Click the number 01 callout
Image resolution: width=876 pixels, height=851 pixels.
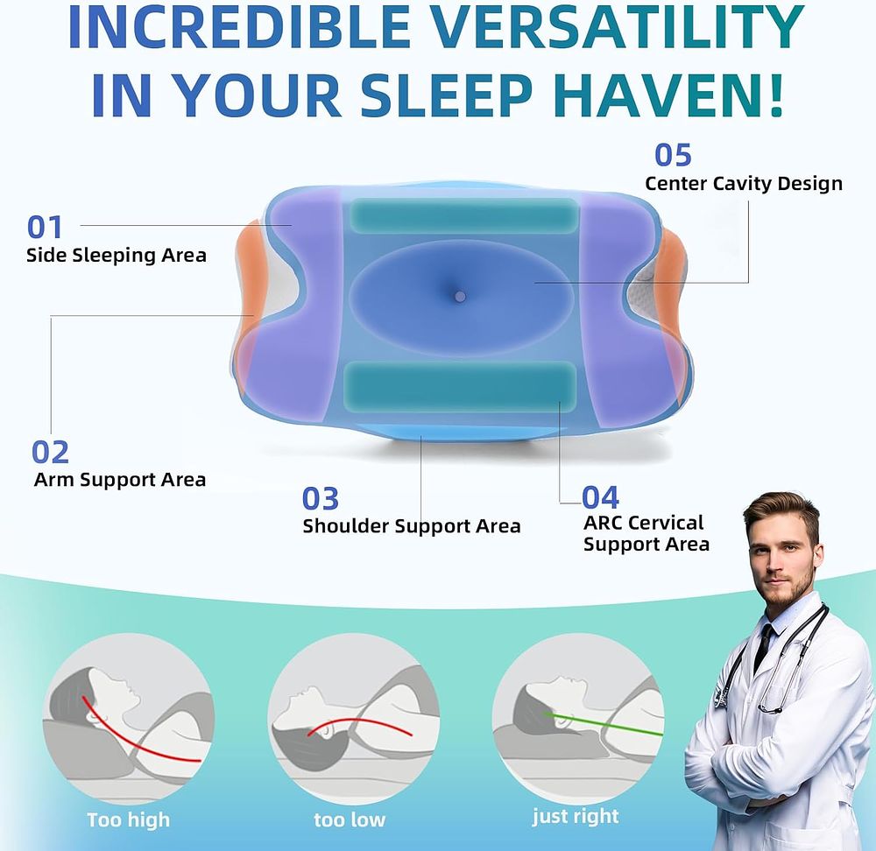45,228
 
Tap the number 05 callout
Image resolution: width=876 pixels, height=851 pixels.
673,155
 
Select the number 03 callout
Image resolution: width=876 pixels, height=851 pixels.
320,499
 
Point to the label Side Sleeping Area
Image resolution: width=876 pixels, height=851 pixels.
117,255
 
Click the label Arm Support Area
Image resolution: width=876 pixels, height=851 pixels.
119,480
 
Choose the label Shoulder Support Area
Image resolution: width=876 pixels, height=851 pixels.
411,526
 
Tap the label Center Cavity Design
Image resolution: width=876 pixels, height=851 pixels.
744,184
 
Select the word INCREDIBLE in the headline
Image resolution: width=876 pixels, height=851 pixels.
239,26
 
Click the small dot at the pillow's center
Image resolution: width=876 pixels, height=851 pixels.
460,297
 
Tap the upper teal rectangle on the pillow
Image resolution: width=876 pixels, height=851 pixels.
463,215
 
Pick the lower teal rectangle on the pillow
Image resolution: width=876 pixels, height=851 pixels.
459,387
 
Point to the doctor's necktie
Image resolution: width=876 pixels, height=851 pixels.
763,647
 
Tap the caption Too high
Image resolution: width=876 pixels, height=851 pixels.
129,819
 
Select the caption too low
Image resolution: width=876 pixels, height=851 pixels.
350,819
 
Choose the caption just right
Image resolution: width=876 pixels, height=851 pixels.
576,817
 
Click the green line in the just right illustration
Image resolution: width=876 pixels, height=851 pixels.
604,724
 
